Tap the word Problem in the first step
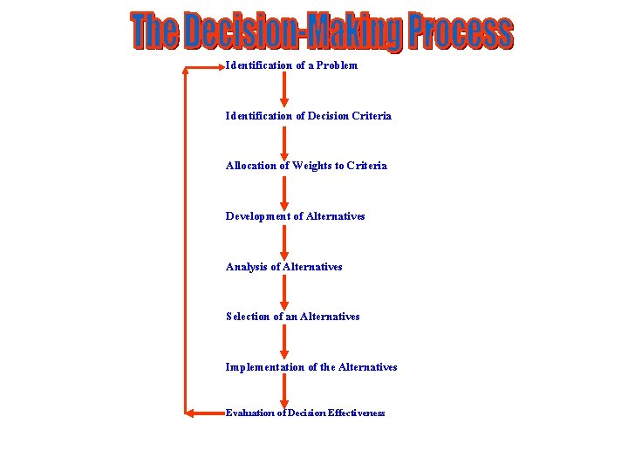point(337,65)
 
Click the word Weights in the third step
point(312,166)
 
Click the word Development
point(258,216)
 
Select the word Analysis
point(248,267)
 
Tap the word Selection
point(248,317)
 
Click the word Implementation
point(265,367)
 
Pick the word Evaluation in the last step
point(249,413)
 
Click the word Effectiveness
point(357,413)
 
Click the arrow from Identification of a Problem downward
point(283,90)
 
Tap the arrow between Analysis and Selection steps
point(283,291)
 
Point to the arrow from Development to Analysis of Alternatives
point(283,242)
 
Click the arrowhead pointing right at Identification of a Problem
point(219,66)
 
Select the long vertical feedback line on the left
point(185,240)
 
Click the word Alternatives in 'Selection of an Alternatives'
point(330,317)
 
